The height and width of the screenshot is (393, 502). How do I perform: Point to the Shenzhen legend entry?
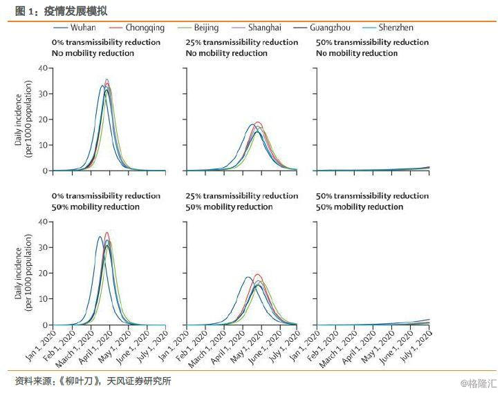point(393,28)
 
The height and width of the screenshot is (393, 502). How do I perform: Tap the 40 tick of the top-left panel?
point(43,68)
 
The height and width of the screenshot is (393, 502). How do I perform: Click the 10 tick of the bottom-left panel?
point(43,299)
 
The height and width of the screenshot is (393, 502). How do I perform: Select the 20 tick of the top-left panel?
point(43,119)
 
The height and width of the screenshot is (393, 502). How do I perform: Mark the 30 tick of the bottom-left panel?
point(43,247)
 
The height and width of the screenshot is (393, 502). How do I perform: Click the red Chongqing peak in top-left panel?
point(106,80)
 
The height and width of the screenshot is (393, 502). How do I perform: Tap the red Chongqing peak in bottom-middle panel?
point(258,275)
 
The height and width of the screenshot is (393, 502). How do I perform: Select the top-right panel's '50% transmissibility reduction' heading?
point(372,42)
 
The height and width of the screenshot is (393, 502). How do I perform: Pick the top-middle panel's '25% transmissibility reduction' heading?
point(241,42)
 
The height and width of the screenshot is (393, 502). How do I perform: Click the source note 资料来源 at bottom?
point(93,381)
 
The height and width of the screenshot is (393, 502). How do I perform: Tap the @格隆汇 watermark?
point(476,383)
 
